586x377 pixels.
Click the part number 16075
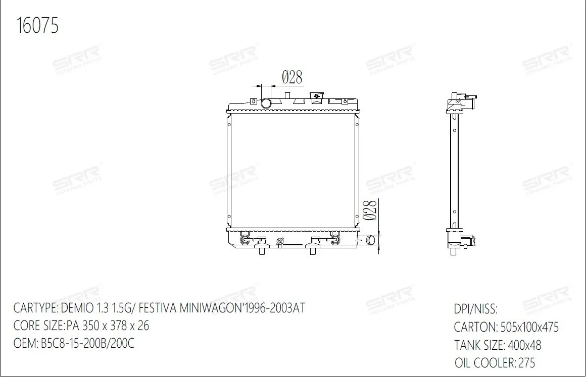pos(37,25)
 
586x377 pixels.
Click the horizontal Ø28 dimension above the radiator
pos(292,77)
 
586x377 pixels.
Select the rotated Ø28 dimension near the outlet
pos(370,210)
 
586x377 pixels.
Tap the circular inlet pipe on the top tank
pos(266,103)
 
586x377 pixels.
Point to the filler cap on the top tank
pos(316,97)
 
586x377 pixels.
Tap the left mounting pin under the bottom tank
pos(262,251)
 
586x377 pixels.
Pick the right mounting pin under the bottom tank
pos(313,251)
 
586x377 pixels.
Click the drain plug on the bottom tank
pos(279,242)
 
